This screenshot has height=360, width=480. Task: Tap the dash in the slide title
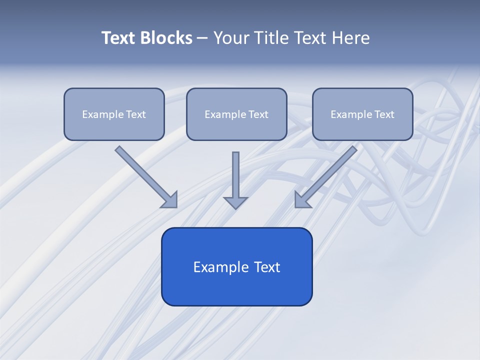point(202,38)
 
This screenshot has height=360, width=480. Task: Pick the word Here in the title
point(350,38)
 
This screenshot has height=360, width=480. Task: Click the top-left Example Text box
point(114,114)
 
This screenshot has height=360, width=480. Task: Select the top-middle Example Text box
point(236,114)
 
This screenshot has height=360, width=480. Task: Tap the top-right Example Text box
point(362,114)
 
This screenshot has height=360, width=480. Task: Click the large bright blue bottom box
point(236,266)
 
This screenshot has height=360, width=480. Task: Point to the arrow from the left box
point(145,175)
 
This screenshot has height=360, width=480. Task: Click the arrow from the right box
point(327,175)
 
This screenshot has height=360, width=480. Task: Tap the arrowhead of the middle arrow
point(235,202)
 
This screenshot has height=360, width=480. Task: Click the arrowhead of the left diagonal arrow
point(170,200)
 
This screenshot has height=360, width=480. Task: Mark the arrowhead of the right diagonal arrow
point(302,200)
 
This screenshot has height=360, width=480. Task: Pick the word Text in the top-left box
point(136,114)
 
